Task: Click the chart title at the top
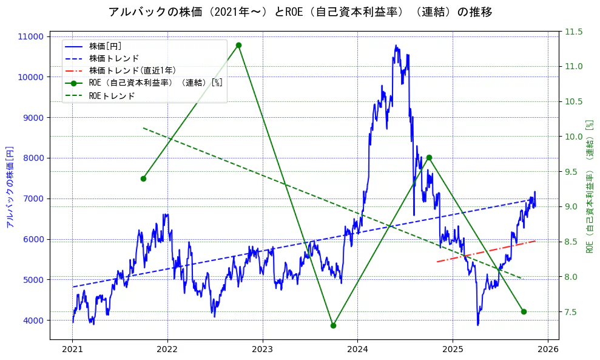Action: tap(300, 12)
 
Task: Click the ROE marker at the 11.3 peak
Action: tap(238, 45)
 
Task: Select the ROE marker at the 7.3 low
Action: tap(333, 325)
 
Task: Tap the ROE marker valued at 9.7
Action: tap(429, 157)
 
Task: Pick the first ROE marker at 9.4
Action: tap(143, 178)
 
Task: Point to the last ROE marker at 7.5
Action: tap(524, 311)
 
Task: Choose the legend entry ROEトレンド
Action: tap(112, 96)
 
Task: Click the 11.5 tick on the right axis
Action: tap(574, 32)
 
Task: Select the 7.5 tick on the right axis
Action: tap(572, 312)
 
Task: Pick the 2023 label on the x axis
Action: tap(263, 350)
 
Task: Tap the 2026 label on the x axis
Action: tap(548, 350)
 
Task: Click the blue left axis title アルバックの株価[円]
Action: tap(9, 187)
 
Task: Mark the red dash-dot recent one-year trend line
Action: tap(485, 251)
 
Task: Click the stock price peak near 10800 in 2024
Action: tap(396, 46)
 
